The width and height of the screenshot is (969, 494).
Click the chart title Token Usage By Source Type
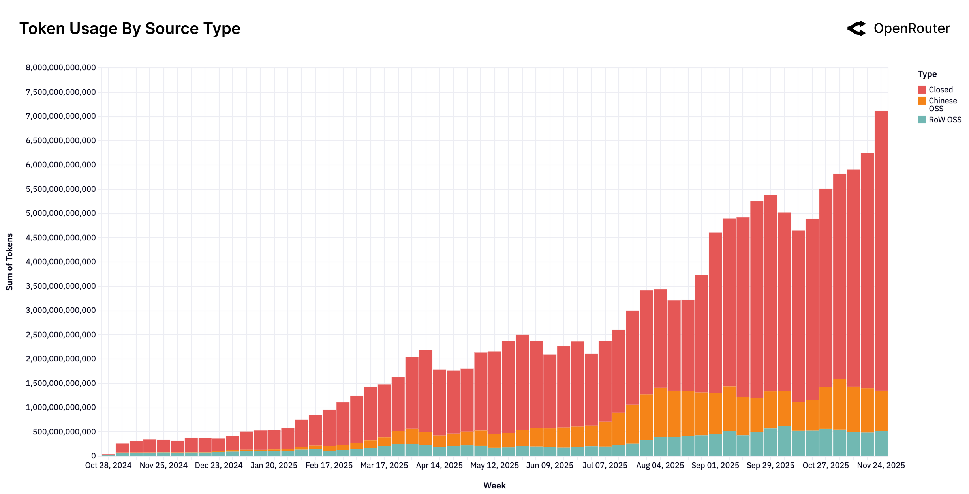click(130, 29)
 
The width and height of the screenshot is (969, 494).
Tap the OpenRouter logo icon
click(856, 29)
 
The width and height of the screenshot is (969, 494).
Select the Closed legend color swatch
click(922, 90)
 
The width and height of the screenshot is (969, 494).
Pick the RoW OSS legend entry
click(945, 120)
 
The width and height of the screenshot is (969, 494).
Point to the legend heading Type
click(927, 74)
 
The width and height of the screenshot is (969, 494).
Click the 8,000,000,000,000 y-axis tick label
click(61, 68)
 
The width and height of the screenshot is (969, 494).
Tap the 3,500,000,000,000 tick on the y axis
click(61, 286)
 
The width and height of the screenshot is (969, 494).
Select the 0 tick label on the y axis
click(93, 456)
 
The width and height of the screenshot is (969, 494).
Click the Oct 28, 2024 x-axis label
click(108, 466)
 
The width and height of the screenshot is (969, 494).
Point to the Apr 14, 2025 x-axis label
click(439, 466)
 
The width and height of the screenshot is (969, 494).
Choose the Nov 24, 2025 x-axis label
click(881, 466)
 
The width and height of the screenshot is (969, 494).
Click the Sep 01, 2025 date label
click(715, 466)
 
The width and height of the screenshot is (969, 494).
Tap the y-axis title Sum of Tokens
click(9, 262)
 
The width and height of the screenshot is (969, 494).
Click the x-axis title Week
click(494, 486)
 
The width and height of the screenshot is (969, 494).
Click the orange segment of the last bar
click(881, 410)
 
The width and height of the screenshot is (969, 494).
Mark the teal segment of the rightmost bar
click(881, 443)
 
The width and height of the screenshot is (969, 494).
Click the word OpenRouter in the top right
click(911, 29)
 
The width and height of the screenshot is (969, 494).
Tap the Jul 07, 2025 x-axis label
click(605, 466)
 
